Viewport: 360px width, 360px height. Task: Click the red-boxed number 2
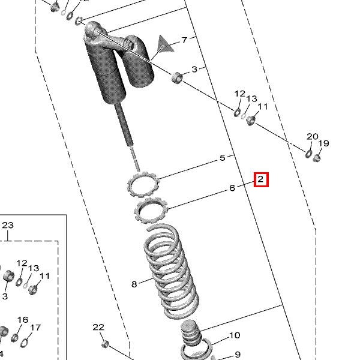[260, 179]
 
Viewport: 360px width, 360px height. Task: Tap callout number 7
[185, 40]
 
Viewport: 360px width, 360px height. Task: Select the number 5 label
[222, 158]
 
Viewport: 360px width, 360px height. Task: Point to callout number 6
[232, 188]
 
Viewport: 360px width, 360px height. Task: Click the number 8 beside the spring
[134, 284]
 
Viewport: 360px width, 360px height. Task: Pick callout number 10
[235, 335]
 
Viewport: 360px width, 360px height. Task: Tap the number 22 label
[98, 327]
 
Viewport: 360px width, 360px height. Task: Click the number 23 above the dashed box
[8, 225]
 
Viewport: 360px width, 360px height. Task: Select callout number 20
[313, 137]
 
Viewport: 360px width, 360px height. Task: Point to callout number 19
[324, 143]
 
